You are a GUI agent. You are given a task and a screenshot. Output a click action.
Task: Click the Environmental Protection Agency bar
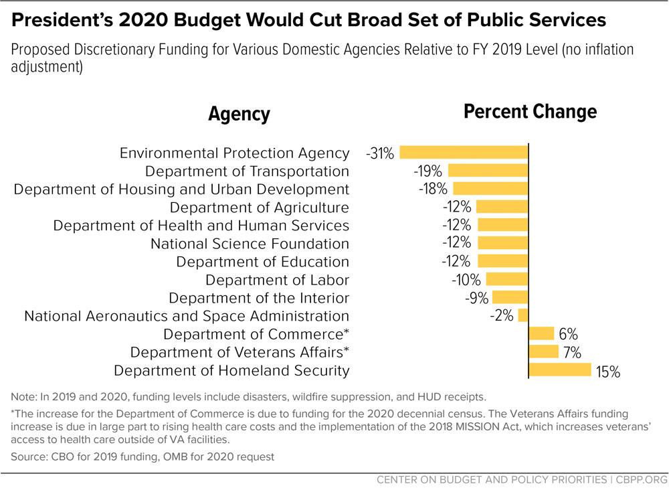(x=464, y=153)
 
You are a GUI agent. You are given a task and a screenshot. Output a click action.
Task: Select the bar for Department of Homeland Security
(x=560, y=370)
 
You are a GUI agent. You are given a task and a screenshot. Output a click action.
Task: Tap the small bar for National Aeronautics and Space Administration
(x=523, y=315)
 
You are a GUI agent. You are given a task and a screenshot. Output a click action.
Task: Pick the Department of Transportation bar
(x=488, y=171)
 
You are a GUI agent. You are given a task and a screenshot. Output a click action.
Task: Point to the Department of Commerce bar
(x=541, y=333)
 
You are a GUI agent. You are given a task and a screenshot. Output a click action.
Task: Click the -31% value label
(x=380, y=153)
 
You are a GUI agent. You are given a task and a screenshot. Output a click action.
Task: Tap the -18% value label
(x=432, y=189)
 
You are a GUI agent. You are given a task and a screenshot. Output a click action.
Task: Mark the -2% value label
(x=501, y=316)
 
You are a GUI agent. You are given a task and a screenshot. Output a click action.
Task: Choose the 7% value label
(x=571, y=352)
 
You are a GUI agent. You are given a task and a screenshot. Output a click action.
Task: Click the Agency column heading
(x=239, y=114)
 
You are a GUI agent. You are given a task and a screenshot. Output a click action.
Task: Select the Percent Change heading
(x=530, y=112)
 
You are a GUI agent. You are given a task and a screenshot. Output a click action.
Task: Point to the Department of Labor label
(x=277, y=280)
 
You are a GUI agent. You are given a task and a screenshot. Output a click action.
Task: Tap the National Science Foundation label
(x=250, y=244)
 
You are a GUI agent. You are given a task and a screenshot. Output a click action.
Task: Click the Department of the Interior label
(x=259, y=298)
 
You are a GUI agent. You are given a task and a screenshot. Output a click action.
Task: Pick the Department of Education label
(x=263, y=262)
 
